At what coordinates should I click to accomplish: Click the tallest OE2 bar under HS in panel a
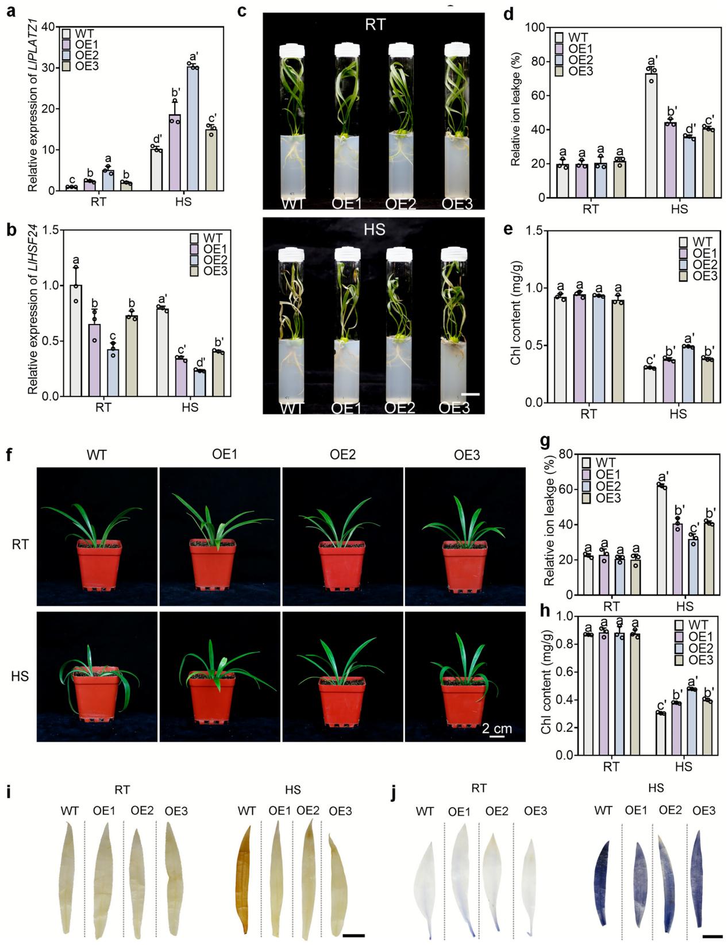192,129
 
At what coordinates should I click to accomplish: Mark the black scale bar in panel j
712,936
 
